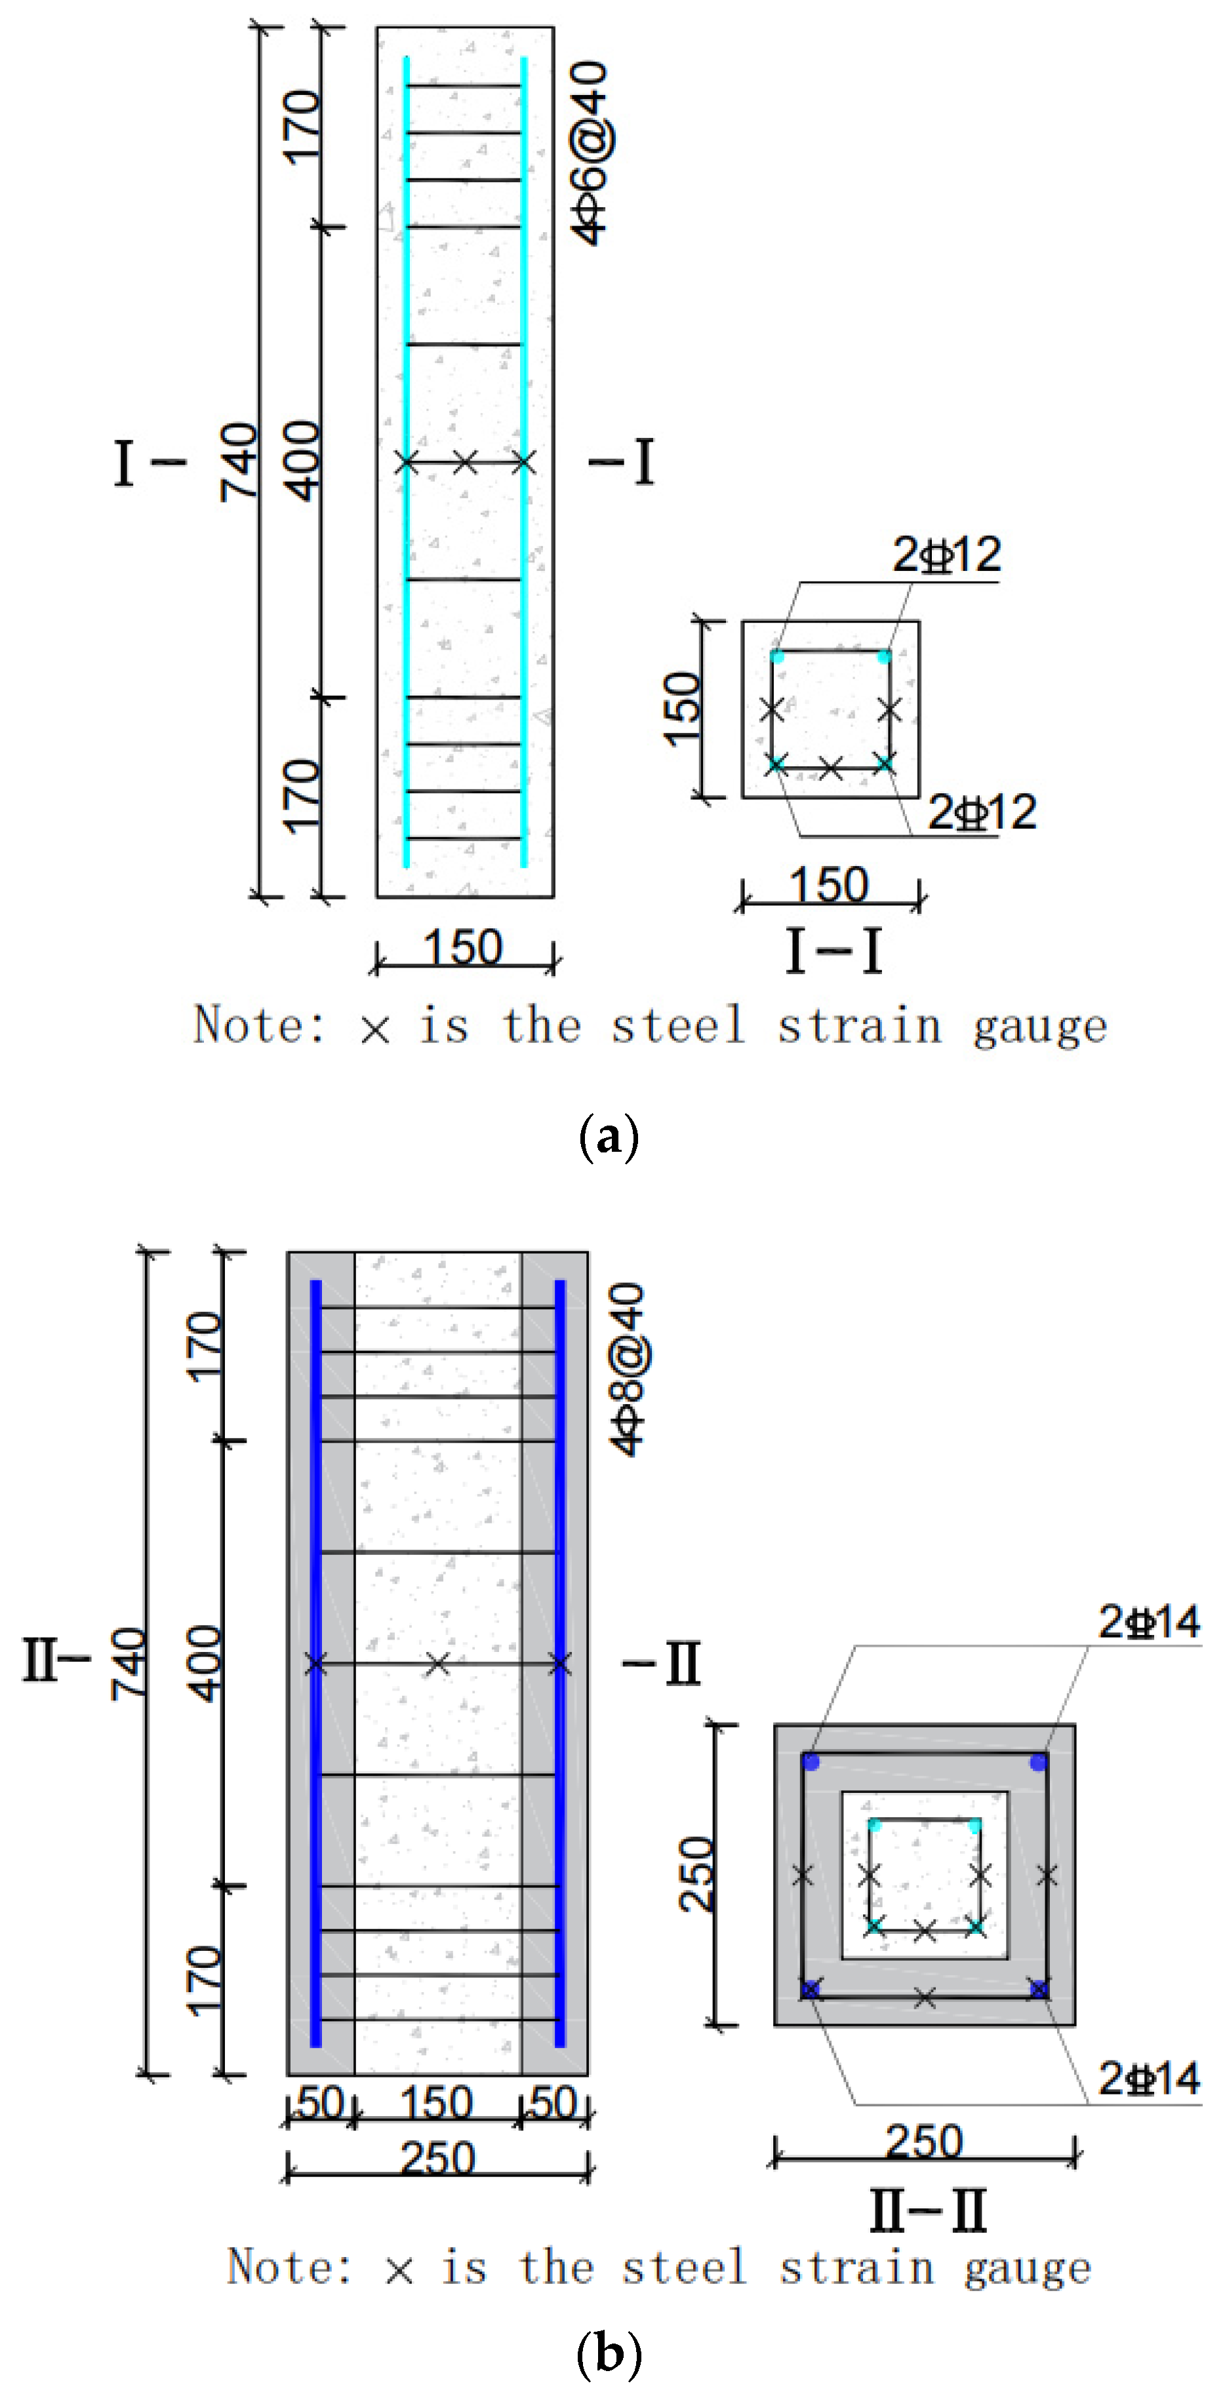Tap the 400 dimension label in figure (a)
(x=302, y=462)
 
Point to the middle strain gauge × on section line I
(x=465, y=462)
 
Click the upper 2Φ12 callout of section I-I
(x=947, y=555)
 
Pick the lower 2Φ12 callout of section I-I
(x=982, y=812)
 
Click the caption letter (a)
(x=609, y=1137)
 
